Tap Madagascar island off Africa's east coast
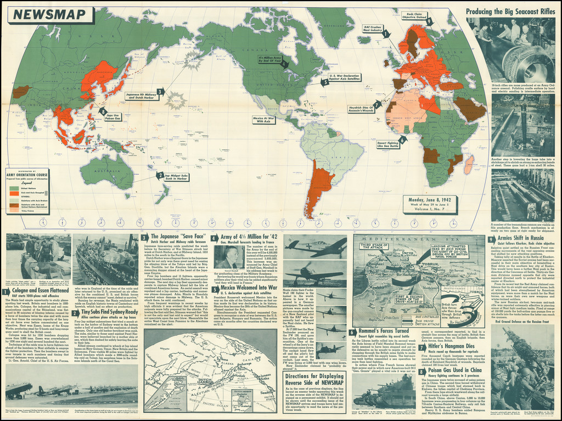coord(470,163)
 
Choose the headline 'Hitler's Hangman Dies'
coord(452,347)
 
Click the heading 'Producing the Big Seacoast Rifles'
coord(512,11)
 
